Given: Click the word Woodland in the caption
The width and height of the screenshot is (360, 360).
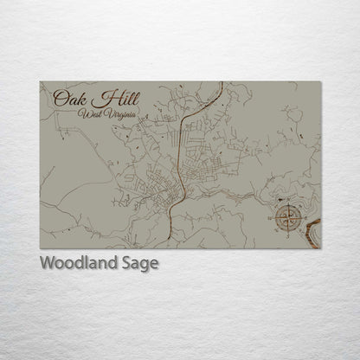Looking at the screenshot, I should click(77, 263).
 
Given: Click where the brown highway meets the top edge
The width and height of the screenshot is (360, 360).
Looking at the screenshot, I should click(222, 83).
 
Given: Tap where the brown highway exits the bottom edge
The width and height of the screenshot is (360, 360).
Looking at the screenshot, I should click(170, 247).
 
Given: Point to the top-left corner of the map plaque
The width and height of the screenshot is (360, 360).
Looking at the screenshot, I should click(40, 82).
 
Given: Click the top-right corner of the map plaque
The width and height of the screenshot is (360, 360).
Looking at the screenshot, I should click(321, 82).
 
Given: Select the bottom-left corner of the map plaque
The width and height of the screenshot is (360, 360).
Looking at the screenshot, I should click(40, 248).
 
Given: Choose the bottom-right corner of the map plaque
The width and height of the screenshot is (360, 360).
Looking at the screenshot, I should click(321, 248).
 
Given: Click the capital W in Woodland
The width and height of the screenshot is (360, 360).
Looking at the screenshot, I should click(48, 262).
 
